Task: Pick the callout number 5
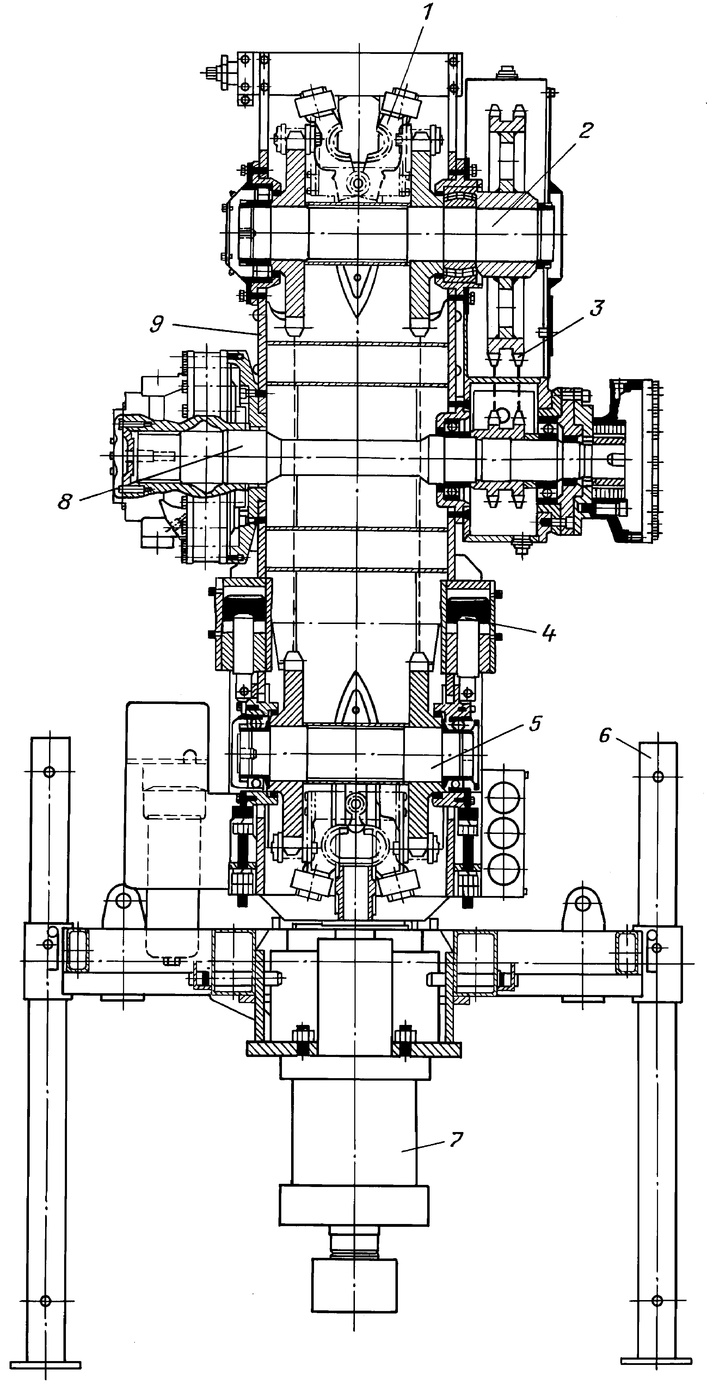535,724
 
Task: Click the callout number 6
605,735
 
